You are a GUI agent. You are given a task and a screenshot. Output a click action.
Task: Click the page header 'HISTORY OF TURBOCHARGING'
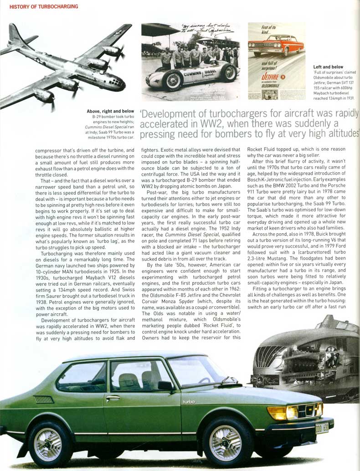[44, 6]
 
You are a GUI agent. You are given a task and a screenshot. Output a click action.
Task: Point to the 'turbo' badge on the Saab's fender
[188, 402]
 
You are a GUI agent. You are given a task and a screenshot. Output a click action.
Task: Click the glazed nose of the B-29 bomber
[118, 84]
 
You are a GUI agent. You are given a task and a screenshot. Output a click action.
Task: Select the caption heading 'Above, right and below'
[110, 111]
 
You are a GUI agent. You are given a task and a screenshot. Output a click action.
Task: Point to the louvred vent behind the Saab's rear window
[44, 399]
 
